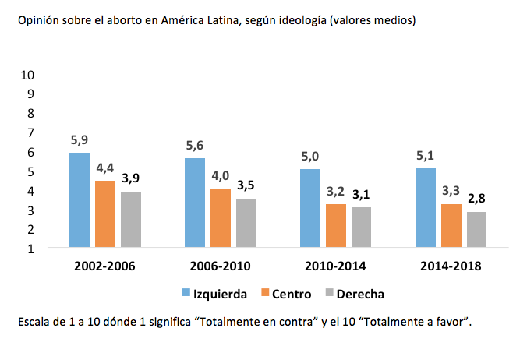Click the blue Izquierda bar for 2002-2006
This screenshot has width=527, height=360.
(79, 200)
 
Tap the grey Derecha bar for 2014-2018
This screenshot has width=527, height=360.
(477, 230)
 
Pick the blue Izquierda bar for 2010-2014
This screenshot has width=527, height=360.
(310, 208)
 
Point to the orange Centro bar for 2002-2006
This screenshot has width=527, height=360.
(105, 214)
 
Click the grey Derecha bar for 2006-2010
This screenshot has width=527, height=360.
(246, 223)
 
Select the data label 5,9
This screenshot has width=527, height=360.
(79, 140)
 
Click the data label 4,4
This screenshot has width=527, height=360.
(105, 168)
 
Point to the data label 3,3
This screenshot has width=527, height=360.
(451, 192)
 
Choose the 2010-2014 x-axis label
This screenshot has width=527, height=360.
(336, 266)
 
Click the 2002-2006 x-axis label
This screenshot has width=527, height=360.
(105, 266)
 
